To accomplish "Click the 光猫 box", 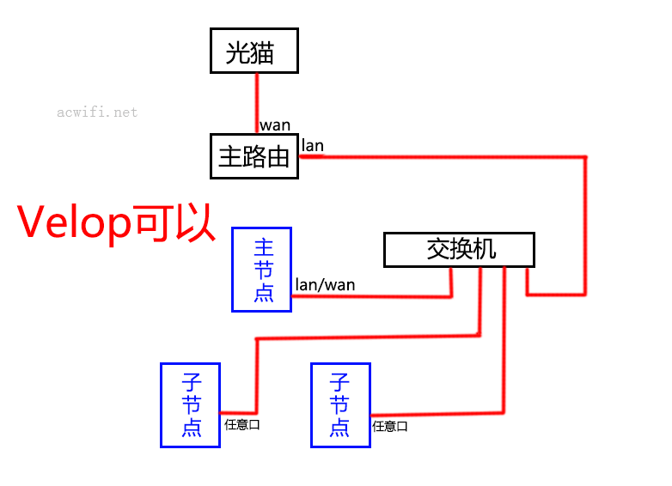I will click(x=254, y=51).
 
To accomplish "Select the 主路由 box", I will click(x=254, y=156).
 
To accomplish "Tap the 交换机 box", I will click(x=459, y=250).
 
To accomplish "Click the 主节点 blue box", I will click(x=262, y=270).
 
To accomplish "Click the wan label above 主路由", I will click(x=276, y=125).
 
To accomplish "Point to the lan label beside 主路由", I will click(x=313, y=145).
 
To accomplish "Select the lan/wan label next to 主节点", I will click(x=326, y=284).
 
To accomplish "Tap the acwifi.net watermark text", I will click(x=97, y=112).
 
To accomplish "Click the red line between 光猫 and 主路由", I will click(x=255, y=103).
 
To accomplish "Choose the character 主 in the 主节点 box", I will click(x=263, y=247).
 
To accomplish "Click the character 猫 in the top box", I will click(x=262, y=52).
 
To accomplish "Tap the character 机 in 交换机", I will click(x=485, y=249).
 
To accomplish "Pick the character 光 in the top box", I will click(x=238, y=52).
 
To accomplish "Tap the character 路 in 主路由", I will click(x=254, y=156).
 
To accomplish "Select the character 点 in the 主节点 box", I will click(x=263, y=292).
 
